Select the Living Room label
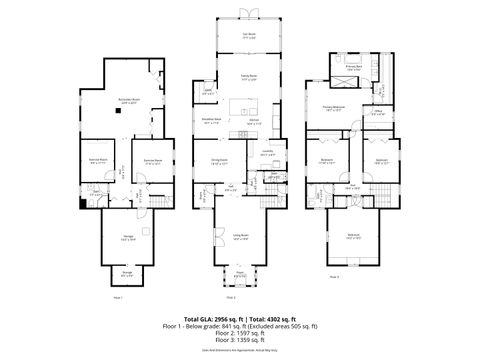point(240,237)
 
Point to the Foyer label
point(240,273)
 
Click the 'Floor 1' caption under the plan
point(118,297)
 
